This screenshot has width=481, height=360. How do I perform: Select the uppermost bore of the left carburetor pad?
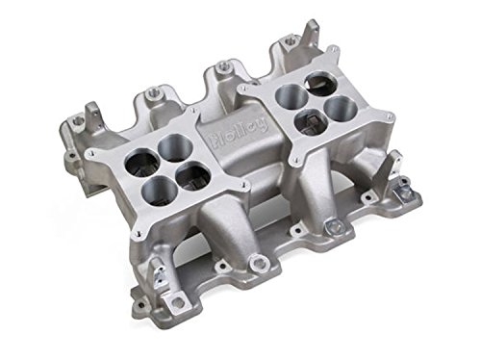pyautogui.click(x=173, y=147)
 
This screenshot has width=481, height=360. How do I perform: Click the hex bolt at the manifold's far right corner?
pyautogui.click(x=335, y=227)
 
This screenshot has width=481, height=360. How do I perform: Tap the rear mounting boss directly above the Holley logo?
pyautogui.click(x=223, y=66)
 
